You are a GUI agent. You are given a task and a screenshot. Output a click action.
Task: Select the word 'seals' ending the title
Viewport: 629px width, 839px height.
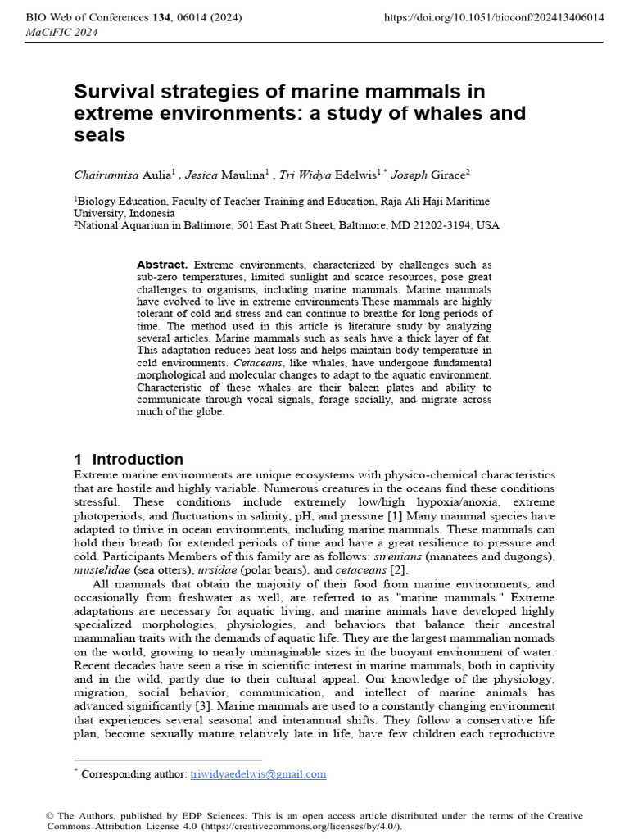point(100,135)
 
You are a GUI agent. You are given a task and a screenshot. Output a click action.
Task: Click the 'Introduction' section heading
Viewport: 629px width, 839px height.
point(138,459)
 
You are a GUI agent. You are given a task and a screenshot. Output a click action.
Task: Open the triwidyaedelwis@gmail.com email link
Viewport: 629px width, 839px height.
point(258,773)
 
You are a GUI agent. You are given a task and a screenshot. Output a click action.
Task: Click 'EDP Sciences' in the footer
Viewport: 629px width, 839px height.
point(218,815)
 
